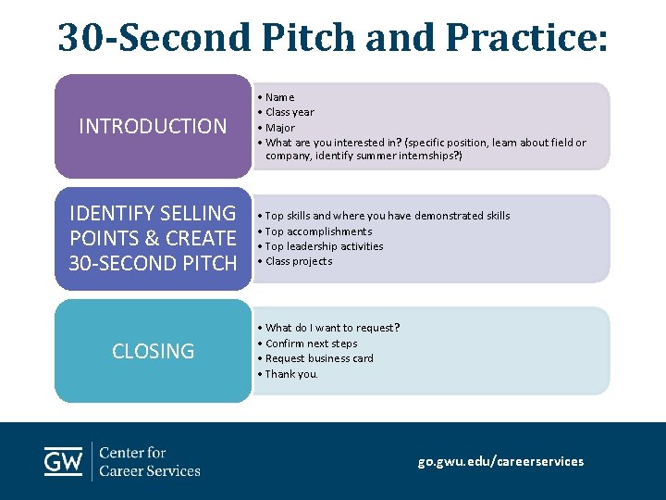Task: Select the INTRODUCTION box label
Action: click(153, 126)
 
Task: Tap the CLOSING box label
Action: click(153, 351)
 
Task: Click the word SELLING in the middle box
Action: click(194, 213)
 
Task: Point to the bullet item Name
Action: click(279, 97)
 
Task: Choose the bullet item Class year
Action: click(290, 112)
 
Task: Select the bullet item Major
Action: click(280, 128)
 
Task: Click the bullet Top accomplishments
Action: click(318, 231)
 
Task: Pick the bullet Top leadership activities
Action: click(324, 246)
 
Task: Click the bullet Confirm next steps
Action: click(311, 344)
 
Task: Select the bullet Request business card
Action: click(319, 358)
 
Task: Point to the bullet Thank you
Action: click(291, 374)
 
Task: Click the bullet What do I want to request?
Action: click(332, 328)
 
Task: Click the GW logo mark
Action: click(64, 461)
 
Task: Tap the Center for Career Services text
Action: click(149, 461)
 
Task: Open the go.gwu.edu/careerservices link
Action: click(500, 461)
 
